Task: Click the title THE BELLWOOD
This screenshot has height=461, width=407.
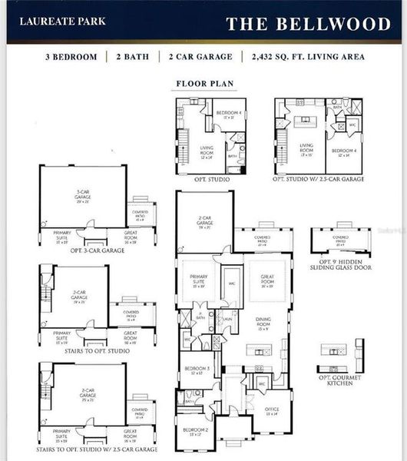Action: (308, 24)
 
